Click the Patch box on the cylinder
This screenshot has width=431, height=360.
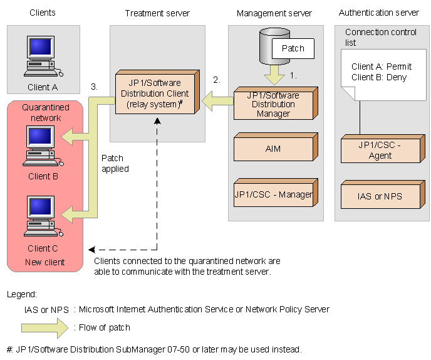[292, 48]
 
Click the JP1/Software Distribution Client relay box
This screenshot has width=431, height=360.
[157, 94]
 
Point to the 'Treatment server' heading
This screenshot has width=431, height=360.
[157, 13]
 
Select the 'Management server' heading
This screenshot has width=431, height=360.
[274, 13]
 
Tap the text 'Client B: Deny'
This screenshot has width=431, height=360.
[378, 77]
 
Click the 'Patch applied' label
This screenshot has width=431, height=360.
[115, 163]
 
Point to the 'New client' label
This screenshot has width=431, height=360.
[44, 262]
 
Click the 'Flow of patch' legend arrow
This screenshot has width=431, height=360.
[44, 327]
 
